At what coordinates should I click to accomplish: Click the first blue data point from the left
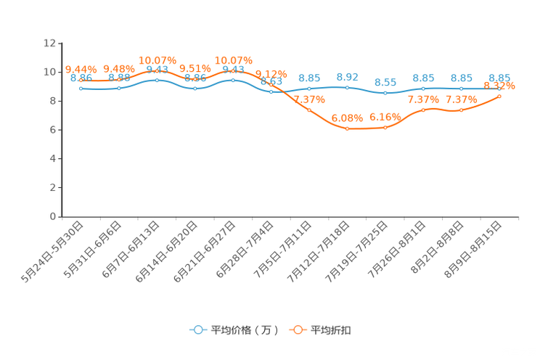[x=81, y=88]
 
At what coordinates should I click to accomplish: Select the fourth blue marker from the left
[x=195, y=88]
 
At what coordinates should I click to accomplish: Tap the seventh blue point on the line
[x=309, y=89]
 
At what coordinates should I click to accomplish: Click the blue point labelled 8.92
[x=347, y=87]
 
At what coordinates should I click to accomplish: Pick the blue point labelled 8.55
[x=385, y=94]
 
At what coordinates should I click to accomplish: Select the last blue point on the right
[x=499, y=88]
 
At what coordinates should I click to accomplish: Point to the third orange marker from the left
[x=157, y=71]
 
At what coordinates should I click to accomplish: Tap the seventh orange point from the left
[x=309, y=110]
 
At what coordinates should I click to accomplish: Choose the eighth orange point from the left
[x=347, y=129]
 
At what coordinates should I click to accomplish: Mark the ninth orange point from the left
[x=385, y=128]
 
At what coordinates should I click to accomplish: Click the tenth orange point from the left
[x=423, y=110]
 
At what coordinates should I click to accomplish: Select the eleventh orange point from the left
[x=461, y=110]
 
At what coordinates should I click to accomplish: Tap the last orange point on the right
[x=499, y=96]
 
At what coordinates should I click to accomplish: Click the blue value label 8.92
[x=348, y=75]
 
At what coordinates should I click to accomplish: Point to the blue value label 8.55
[x=385, y=82]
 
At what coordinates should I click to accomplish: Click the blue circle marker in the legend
[x=197, y=330]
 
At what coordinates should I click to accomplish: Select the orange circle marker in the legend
[x=296, y=330]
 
